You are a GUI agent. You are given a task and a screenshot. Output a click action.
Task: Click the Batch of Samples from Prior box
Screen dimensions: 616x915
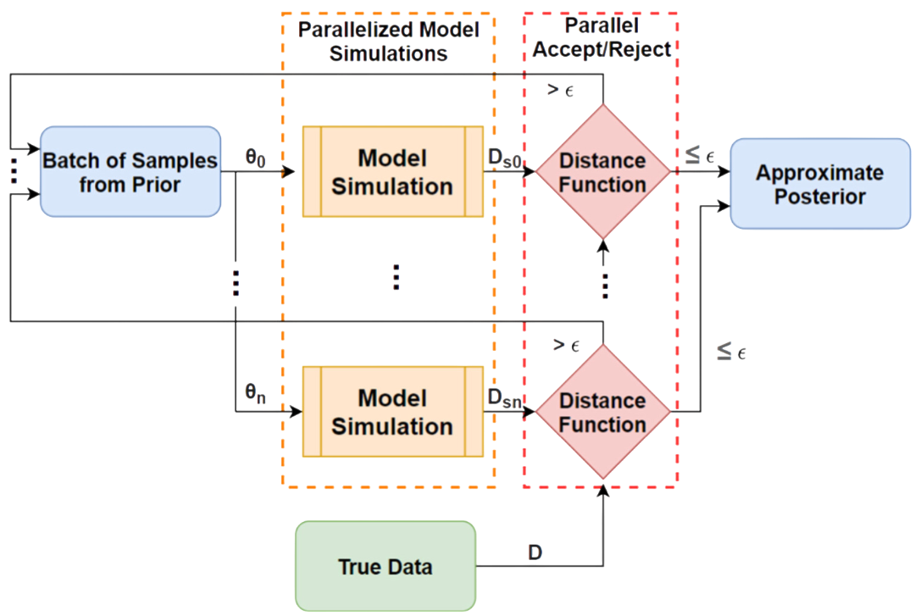tap(130, 172)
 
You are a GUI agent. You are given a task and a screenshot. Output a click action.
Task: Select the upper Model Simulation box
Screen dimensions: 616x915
tap(392, 172)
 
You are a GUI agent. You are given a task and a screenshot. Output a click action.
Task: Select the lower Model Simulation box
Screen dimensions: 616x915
tap(392, 412)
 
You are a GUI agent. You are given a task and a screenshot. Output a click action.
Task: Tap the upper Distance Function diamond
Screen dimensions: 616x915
tap(602, 172)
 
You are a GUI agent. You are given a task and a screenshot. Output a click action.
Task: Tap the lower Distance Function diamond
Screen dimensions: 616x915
tap(602, 412)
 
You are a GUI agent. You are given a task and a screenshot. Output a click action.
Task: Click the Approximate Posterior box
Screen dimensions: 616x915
tap(819, 184)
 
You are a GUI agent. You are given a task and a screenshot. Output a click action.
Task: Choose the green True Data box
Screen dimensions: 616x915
tap(385, 566)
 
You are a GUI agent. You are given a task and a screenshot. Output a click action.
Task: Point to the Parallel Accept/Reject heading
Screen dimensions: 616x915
tap(602, 38)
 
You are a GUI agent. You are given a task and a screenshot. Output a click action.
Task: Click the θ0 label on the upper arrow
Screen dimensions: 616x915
tap(254, 157)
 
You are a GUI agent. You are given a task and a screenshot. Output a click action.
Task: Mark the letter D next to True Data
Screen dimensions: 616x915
tap(535, 552)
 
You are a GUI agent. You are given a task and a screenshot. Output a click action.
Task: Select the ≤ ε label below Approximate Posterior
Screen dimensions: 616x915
tap(730, 352)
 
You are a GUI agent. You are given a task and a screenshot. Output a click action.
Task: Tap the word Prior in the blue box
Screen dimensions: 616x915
tap(155, 185)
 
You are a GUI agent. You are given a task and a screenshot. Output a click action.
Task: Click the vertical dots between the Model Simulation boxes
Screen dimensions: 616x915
tap(396, 278)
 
